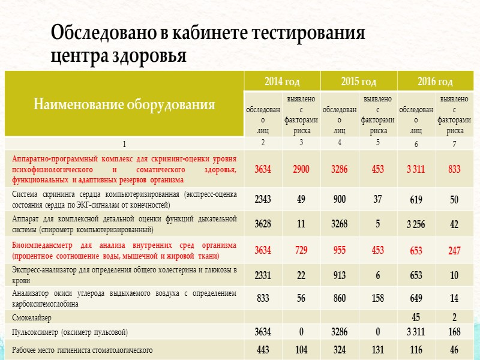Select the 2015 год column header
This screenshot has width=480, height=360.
coord(358,82)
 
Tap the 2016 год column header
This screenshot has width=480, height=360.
coord(435,82)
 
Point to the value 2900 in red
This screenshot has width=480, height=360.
coord(301,169)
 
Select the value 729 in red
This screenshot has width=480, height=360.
coord(301,250)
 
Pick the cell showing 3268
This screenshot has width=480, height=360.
coord(339,224)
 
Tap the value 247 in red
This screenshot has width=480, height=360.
coord(454,251)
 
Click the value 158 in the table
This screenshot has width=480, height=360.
coord(377,297)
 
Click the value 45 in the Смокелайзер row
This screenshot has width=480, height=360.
coord(416,317)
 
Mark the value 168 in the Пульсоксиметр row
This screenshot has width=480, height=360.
coord(454,332)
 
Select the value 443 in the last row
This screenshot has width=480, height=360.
coord(263,349)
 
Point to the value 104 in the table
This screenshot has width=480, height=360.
coord(301,349)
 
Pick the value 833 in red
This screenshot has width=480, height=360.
coord(454,170)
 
